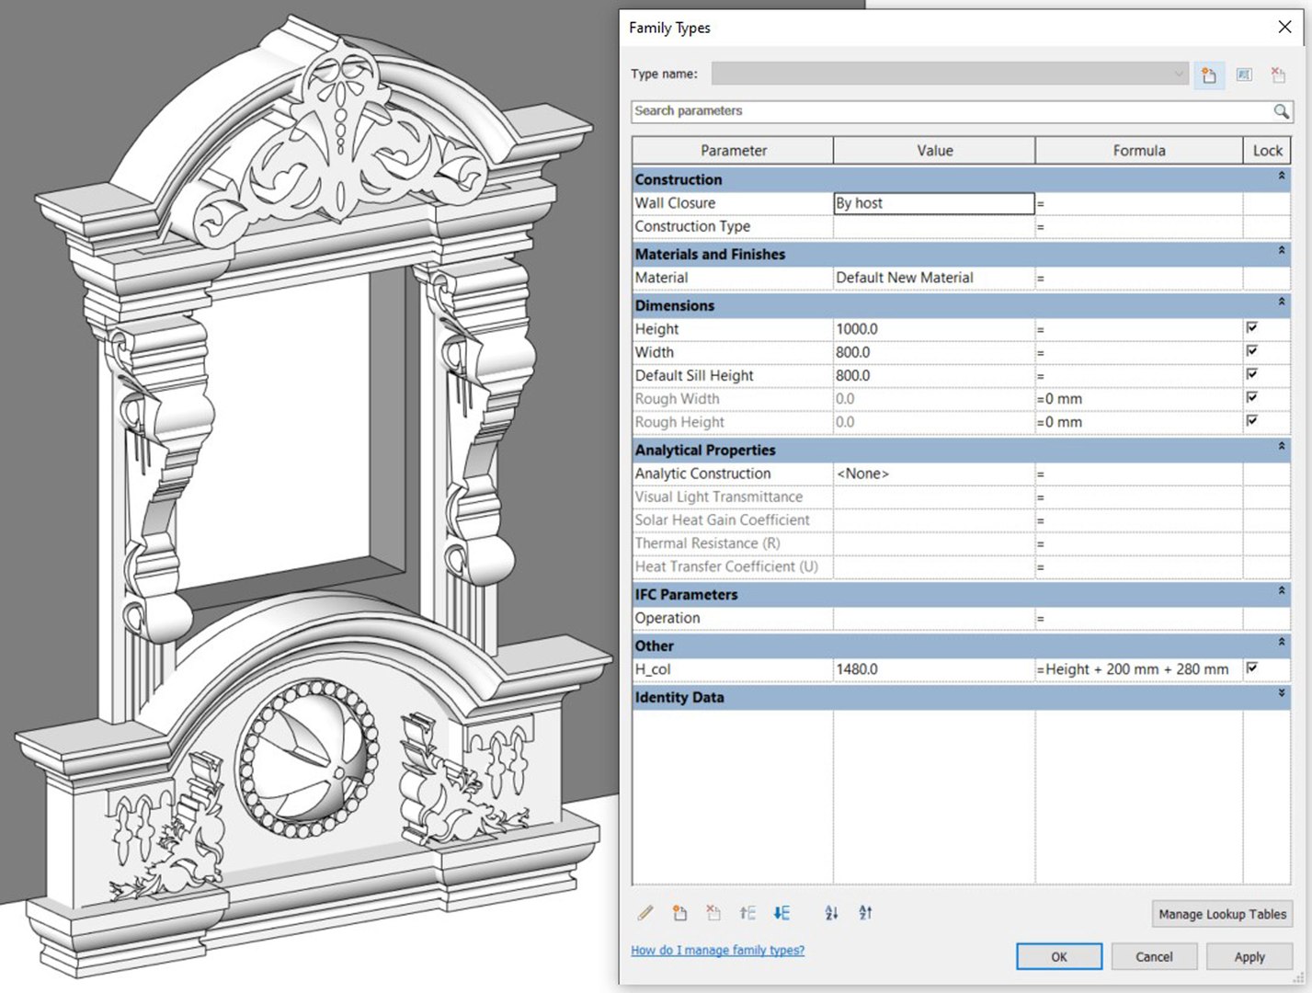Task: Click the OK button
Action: (1058, 956)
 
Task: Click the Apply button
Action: (1249, 956)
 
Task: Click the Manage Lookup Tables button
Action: (1221, 914)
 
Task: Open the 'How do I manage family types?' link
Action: (717, 950)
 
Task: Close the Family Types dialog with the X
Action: (1284, 28)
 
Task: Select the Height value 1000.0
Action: (933, 329)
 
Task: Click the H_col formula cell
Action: (1137, 669)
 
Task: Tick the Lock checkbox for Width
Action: (1251, 351)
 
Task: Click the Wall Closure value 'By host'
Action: (933, 203)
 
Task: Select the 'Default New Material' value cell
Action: (933, 278)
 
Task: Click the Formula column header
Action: (1138, 151)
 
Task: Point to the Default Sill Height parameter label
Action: (694, 375)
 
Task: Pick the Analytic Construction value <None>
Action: (933, 474)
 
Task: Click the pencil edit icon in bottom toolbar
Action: (645, 913)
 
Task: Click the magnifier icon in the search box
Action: (1281, 111)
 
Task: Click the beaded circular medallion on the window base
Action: (307, 759)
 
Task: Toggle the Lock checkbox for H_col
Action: (1251, 668)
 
